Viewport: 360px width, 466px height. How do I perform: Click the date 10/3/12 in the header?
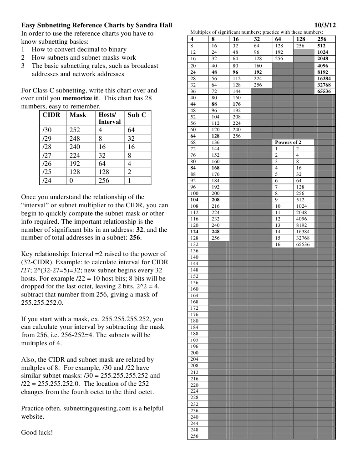(325, 26)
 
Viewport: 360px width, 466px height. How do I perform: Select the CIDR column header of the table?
(51, 115)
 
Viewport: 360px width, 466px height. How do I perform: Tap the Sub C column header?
(137, 115)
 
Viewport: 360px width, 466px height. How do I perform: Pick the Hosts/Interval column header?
(109, 118)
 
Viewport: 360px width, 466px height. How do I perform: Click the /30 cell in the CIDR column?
(46, 130)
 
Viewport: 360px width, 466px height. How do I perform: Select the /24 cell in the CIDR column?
(46, 180)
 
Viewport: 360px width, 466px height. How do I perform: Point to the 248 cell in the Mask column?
(75, 138)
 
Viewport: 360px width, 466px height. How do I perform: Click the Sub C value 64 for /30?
(131, 130)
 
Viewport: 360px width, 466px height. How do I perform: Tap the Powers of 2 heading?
(288, 142)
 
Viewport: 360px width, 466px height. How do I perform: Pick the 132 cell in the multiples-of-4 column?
(194, 244)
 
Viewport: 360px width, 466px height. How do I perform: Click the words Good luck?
(37, 432)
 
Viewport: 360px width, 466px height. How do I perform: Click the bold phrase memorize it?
(81, 98)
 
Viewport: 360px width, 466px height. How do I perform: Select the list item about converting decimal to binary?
(79, 49)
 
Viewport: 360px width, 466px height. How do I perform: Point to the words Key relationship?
(45, 253)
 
